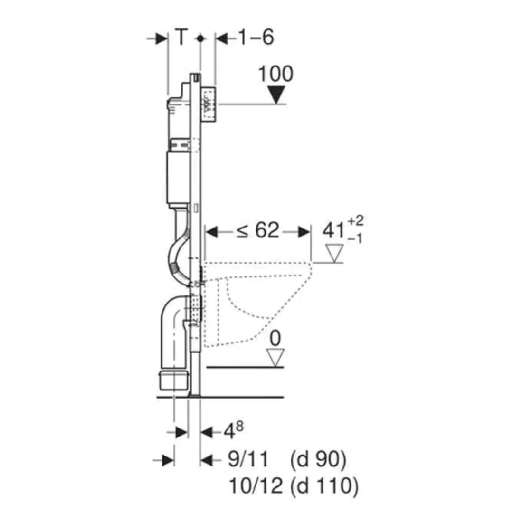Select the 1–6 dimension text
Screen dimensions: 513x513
click(x=256, y=37)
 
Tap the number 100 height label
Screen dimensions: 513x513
click(x=276, y=74)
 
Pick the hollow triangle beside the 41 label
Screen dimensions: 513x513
click(x=335, y=254)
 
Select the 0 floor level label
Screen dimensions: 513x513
click(x=276, y=338)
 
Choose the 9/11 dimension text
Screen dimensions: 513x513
click(x=248, y=460)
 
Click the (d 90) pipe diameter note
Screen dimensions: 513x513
click(x=317, y=460)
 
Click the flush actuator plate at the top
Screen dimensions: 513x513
click(x=209, y=104)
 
